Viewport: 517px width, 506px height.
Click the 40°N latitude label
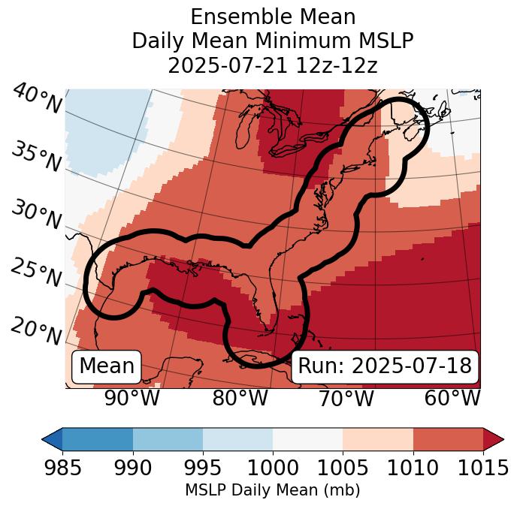click(x=36, y=99)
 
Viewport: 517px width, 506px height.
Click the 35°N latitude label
click(x=36, y=156)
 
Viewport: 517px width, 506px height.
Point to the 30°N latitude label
click(x=36, y=215)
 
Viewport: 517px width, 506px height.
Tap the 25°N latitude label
click(x=36, y=273)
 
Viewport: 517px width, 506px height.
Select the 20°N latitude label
click(x=36, y=331)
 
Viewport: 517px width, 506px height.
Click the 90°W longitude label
click(x=132, y=398)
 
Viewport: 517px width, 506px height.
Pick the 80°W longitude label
click(x=240, y=398)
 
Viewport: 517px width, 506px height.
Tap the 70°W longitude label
click(x=345, y=398)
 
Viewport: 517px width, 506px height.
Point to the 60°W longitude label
click(x=452, y=398)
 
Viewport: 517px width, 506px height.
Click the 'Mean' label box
click(x=107, y=366)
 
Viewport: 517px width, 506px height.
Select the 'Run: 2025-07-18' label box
click(x=385, y=366)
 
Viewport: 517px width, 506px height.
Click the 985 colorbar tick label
click(x=63, y=468)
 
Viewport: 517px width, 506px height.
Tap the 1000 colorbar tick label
click(x=273, y=468)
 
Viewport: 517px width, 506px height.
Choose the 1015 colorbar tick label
click(x=482, y=468)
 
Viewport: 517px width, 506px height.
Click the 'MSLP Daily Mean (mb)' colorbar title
click(x=273, y=491)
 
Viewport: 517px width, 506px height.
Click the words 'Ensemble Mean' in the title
click(x=273, y=17)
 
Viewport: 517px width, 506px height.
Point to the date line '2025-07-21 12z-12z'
click(x=273, y=65)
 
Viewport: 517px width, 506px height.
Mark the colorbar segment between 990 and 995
click(x=168, y=439)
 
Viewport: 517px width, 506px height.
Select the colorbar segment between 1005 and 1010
click(x=377, y=439)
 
